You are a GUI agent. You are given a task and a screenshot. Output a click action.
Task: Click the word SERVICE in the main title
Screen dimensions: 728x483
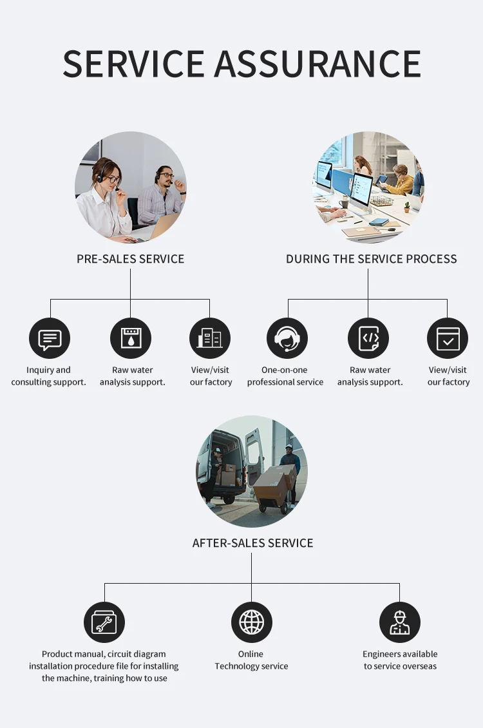[x=133, y=64]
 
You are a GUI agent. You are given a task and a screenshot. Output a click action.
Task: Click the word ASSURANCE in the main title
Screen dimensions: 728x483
[x=317, y=64]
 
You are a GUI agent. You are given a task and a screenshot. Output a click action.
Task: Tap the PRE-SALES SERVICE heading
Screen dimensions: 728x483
[x=130, y=259]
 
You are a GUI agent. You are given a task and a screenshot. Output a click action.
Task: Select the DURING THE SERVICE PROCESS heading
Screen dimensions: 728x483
[x=372, y=259]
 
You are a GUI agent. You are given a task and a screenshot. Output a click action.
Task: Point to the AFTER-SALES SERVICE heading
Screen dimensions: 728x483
[x=252, y=543]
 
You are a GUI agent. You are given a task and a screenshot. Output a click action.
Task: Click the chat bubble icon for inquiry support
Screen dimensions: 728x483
[x=50, y=338]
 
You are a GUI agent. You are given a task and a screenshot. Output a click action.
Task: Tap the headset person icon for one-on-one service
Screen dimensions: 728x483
[x=287, y=338]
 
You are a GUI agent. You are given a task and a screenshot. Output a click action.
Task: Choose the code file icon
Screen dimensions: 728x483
[x=368, y=338]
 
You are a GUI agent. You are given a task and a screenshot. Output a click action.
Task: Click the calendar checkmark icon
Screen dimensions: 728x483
[x=448, y=338]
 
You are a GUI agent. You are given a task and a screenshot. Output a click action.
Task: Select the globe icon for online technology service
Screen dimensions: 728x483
[x=252, y=622]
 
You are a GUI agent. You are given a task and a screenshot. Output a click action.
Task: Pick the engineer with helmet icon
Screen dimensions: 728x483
[x=400, y=622]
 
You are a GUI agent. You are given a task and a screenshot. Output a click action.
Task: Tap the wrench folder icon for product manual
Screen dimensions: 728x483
[x=104, y=622]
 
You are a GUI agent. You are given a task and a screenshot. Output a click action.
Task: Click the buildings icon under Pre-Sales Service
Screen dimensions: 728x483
[x=210, y=338]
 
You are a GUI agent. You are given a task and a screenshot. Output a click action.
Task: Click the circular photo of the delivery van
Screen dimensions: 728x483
[x=252, y=471]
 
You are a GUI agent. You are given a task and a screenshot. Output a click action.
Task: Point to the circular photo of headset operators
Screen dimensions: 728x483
[x=131, y=187]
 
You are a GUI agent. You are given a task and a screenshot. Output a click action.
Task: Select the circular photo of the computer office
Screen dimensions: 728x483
[x=368, y=187]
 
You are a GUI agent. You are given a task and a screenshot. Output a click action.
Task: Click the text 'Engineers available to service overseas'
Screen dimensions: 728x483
[x=400, y=660]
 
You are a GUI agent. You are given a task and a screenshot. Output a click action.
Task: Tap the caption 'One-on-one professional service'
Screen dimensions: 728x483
[x=285, y=376]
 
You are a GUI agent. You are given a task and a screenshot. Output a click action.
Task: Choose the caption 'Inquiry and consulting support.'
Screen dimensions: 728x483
[x=48, y=376]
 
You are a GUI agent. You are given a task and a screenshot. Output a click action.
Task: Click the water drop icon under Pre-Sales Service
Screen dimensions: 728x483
[x=131, y=338]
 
